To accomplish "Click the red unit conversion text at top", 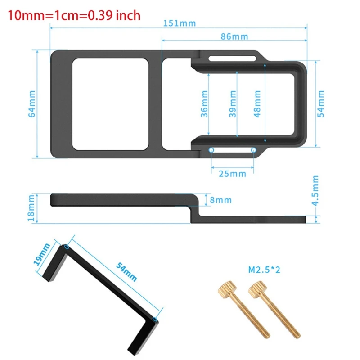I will tap(74, 15).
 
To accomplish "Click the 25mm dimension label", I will tap(233, 173).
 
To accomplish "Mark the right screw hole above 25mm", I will tap(254, 150).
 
